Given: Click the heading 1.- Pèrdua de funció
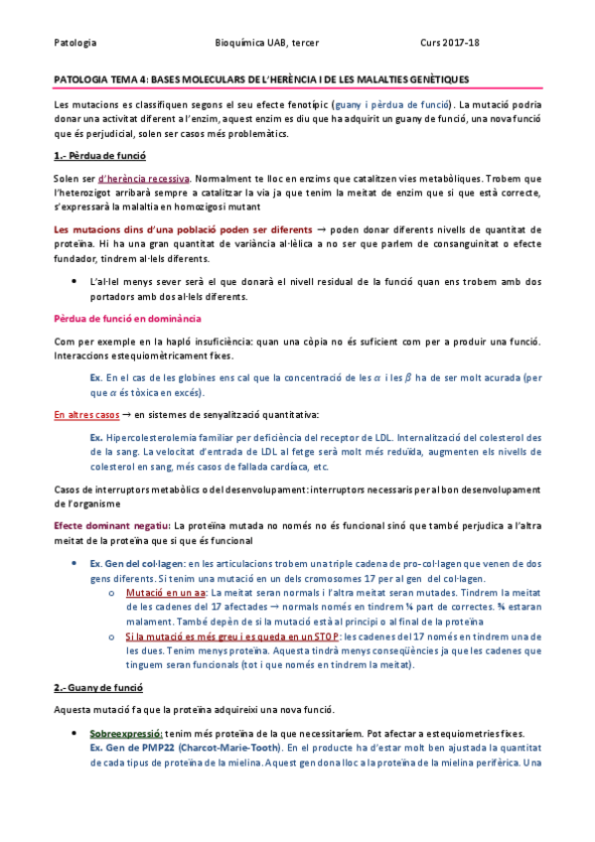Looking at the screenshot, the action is (99, 157).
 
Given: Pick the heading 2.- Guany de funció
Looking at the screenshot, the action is (98, 687).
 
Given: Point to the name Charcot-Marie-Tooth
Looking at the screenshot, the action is (227, 747).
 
